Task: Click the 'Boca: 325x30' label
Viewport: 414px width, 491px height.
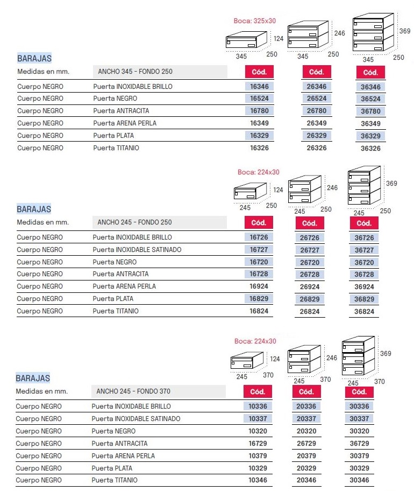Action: tap(254, 21)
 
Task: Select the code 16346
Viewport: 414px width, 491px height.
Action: tap(259, 87)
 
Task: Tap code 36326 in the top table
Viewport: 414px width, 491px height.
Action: tap(370, 148)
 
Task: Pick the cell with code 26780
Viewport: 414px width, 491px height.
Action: tap(317, 111)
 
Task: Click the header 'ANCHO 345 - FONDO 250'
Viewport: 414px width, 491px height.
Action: tap(135, 72)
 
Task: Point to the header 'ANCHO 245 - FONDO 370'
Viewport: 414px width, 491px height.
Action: tap(134, 391)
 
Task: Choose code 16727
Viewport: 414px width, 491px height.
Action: tap(259, 250)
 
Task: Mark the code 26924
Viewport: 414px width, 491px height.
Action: tap(310, 286)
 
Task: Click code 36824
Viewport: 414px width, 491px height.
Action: tap(364, 311)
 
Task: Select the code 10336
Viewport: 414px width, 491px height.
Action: tap(258, 406)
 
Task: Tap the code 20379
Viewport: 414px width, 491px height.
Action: tap(306, 456)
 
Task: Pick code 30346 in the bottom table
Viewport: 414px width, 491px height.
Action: tap(359, 480)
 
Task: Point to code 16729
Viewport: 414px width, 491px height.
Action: tap(258, 444)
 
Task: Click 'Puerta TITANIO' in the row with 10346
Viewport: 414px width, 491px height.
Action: tap(115, 480)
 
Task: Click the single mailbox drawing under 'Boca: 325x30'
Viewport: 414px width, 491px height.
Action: tap(246, 41)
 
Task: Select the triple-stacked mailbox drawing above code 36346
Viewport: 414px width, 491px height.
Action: tap(373, 33)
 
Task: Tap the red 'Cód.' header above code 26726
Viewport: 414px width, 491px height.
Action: tap(310, 223)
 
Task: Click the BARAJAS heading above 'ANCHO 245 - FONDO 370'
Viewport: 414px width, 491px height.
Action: tap(33, 378)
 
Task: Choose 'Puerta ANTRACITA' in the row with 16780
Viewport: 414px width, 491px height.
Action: tap(121, 111)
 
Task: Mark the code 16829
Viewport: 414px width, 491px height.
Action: tap(259, 299)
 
